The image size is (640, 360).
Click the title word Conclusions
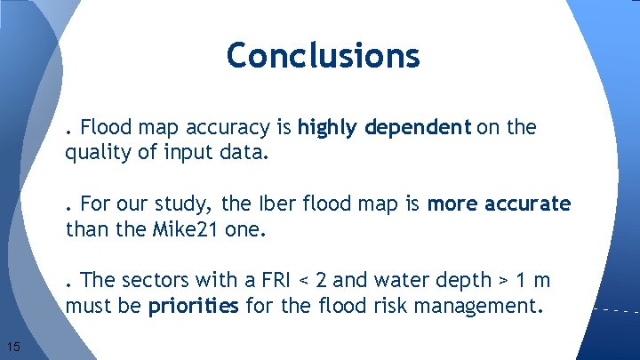[x=323, y=55]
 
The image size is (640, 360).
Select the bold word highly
[x=327, y=128]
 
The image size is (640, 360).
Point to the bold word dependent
[x=416, y=128]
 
